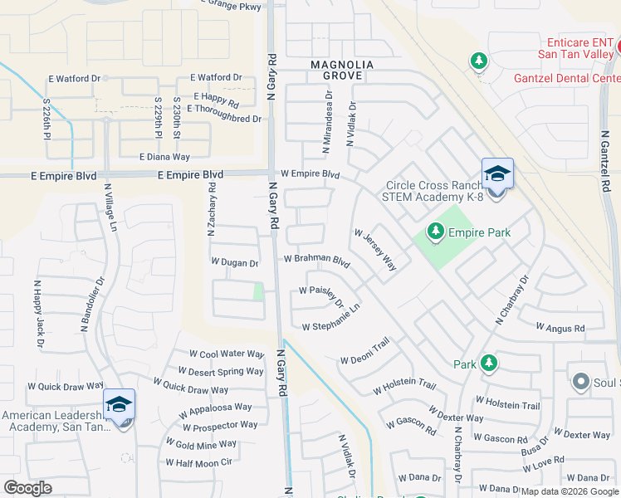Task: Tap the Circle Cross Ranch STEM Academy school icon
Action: click(496, 175)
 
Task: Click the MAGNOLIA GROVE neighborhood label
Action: click(342, 70)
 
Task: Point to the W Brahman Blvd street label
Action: click(316, 259)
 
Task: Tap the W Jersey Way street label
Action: click(375, 251)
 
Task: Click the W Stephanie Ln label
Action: click(330, 318)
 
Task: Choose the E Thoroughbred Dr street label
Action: click(224, 120)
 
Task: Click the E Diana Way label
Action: click(164, 156)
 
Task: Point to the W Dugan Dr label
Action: click(235, 263)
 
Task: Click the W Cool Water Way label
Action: click(227, 354)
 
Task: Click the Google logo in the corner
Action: click(27, 487)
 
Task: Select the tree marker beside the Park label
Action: click(489, 363)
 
